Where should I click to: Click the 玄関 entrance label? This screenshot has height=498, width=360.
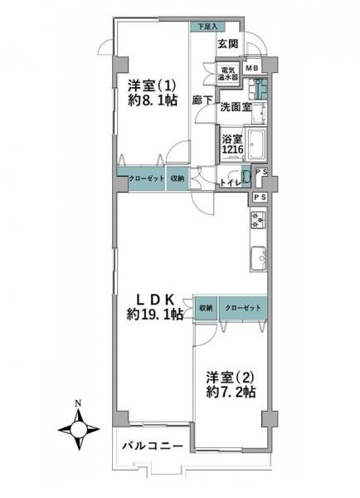(228, 43)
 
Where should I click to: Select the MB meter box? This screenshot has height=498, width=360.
(251, 68)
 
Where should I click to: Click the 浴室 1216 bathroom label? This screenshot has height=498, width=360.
(231, 144)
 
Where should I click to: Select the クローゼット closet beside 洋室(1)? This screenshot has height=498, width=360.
(146, 178)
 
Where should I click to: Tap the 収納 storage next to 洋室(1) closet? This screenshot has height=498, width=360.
(178, 178)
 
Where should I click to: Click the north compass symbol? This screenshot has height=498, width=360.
(78, 432)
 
